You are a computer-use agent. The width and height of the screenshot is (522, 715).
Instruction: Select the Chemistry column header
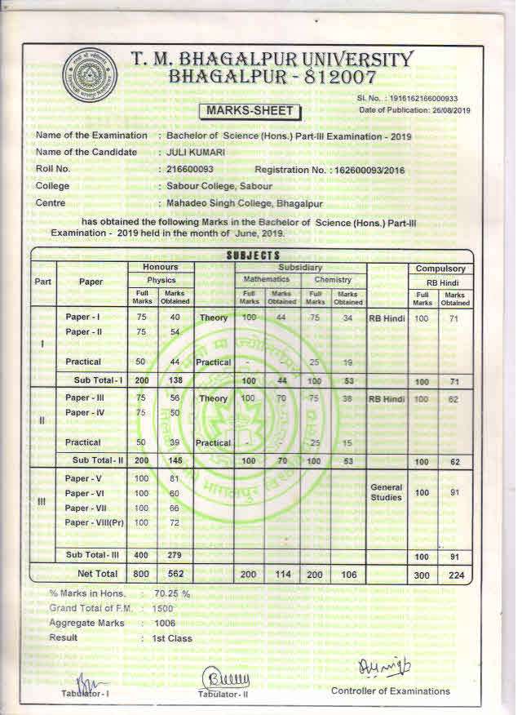pos(333,280)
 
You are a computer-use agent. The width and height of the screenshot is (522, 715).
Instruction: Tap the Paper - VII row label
pos(84,508)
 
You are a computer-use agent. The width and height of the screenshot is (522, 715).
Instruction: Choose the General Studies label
pos(387,492)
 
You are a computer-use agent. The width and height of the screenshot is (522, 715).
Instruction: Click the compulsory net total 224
pos(455,575)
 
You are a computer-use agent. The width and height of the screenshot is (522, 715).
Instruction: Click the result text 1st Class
pos(172,637)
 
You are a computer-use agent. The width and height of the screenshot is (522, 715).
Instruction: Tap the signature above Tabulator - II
pos(220,677)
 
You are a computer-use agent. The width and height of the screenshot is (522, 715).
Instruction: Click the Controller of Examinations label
pos(390,691)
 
